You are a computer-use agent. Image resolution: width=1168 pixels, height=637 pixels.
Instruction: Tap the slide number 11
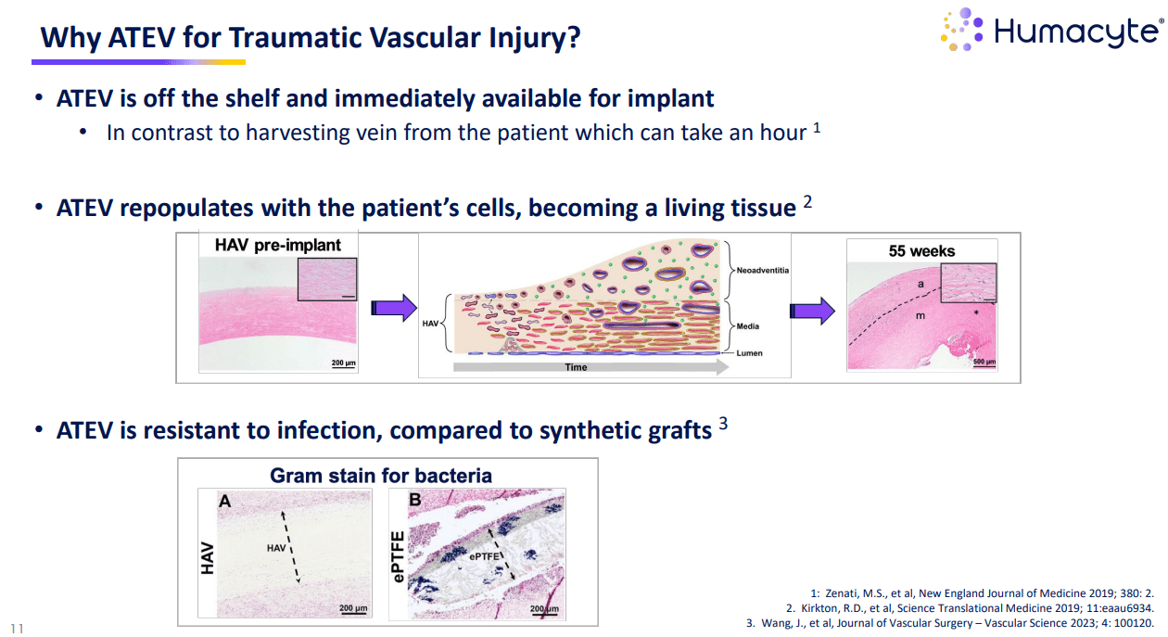coord(18,628)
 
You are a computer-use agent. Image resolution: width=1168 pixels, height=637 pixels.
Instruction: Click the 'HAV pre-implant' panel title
coord(278,246)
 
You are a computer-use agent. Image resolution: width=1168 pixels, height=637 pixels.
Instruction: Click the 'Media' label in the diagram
coord(748,327)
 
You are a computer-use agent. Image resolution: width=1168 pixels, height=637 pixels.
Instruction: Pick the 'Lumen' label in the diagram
coord(749,353)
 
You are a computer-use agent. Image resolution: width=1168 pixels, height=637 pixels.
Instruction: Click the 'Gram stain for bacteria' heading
coord(381,476)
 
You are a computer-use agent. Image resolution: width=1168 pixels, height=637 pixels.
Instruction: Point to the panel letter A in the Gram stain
coord(224,502)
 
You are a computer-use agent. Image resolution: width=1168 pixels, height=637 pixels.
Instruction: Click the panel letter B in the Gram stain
coord(415,502)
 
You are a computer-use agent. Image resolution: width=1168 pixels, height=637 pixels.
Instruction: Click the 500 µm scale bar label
coord(984,359)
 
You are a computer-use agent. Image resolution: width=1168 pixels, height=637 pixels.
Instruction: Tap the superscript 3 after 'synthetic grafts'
coord(724,427)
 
